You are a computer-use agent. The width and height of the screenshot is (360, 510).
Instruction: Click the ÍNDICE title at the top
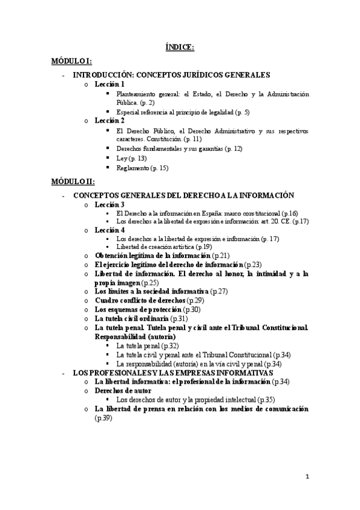(180, 48)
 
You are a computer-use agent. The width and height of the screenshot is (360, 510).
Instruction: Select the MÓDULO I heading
(71, 62)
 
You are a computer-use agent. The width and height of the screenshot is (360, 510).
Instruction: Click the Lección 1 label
(109, 85)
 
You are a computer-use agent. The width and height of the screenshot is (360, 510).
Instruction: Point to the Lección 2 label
(109, 121)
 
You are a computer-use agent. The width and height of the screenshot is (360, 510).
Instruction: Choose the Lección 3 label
(109, 204)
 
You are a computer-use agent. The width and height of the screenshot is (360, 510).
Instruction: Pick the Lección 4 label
(109, 230)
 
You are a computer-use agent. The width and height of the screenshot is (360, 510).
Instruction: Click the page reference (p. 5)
(242, 112)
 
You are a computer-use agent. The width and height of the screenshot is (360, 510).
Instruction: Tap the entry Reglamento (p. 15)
(142, 168)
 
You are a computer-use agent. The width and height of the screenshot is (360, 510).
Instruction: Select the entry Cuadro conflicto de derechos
(140, 300)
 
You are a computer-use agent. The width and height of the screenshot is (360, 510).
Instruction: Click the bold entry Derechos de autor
(123, 390)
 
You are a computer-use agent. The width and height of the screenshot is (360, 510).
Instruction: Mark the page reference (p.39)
(103, 418)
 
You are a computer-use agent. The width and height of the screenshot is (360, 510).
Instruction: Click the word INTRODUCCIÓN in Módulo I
(101, 75)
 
